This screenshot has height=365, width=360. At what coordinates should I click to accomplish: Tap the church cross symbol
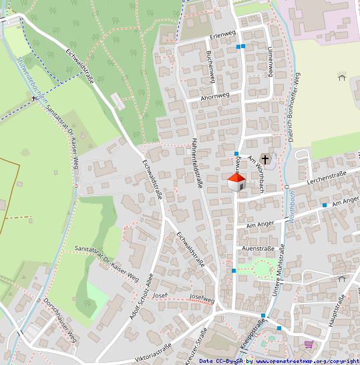(265, 159)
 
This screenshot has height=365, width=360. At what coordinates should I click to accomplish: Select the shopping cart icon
(309, 344)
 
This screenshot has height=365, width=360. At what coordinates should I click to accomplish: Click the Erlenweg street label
(223, 35)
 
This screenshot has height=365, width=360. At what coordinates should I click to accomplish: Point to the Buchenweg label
(210, 66)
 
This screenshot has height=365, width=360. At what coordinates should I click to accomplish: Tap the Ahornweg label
(214, 96)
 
